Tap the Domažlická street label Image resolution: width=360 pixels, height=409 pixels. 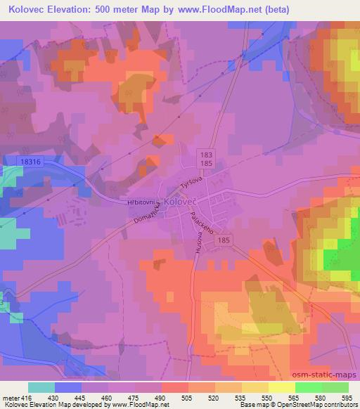coord(147,214)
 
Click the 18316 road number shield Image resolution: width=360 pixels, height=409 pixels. coord(31,162)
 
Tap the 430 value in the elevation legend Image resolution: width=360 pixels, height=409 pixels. coord(41,397)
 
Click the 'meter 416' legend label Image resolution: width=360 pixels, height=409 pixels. coord(15,397)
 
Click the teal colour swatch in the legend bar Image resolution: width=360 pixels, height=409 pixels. coord(41,387)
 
